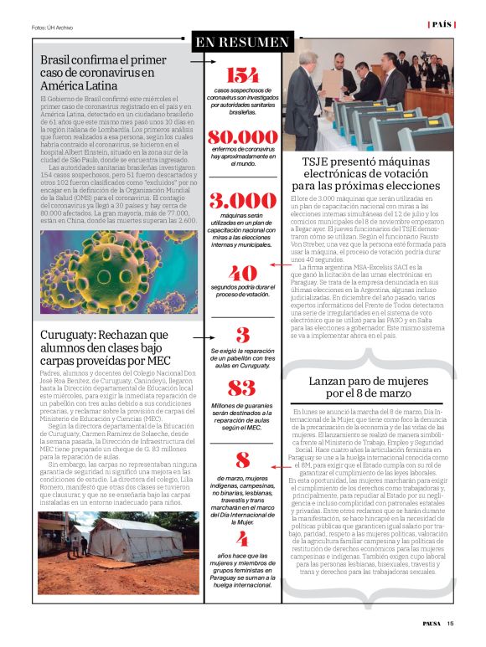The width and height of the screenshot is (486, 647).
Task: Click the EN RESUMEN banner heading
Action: click(x=242, y=42)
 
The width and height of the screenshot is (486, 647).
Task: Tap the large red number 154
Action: click(x=242, y=75)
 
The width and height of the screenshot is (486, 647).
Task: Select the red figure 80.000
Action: click(x=242, y=137)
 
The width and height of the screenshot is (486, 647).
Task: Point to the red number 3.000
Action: click(x=242, y=201)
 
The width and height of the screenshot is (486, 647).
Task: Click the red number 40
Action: click(x=242, y=273)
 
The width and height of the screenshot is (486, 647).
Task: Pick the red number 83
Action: click(x=242, y=387)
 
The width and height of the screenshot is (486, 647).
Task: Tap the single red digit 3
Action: click(x=242, y=335)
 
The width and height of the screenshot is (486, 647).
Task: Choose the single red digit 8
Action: click(x=242, y=460)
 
